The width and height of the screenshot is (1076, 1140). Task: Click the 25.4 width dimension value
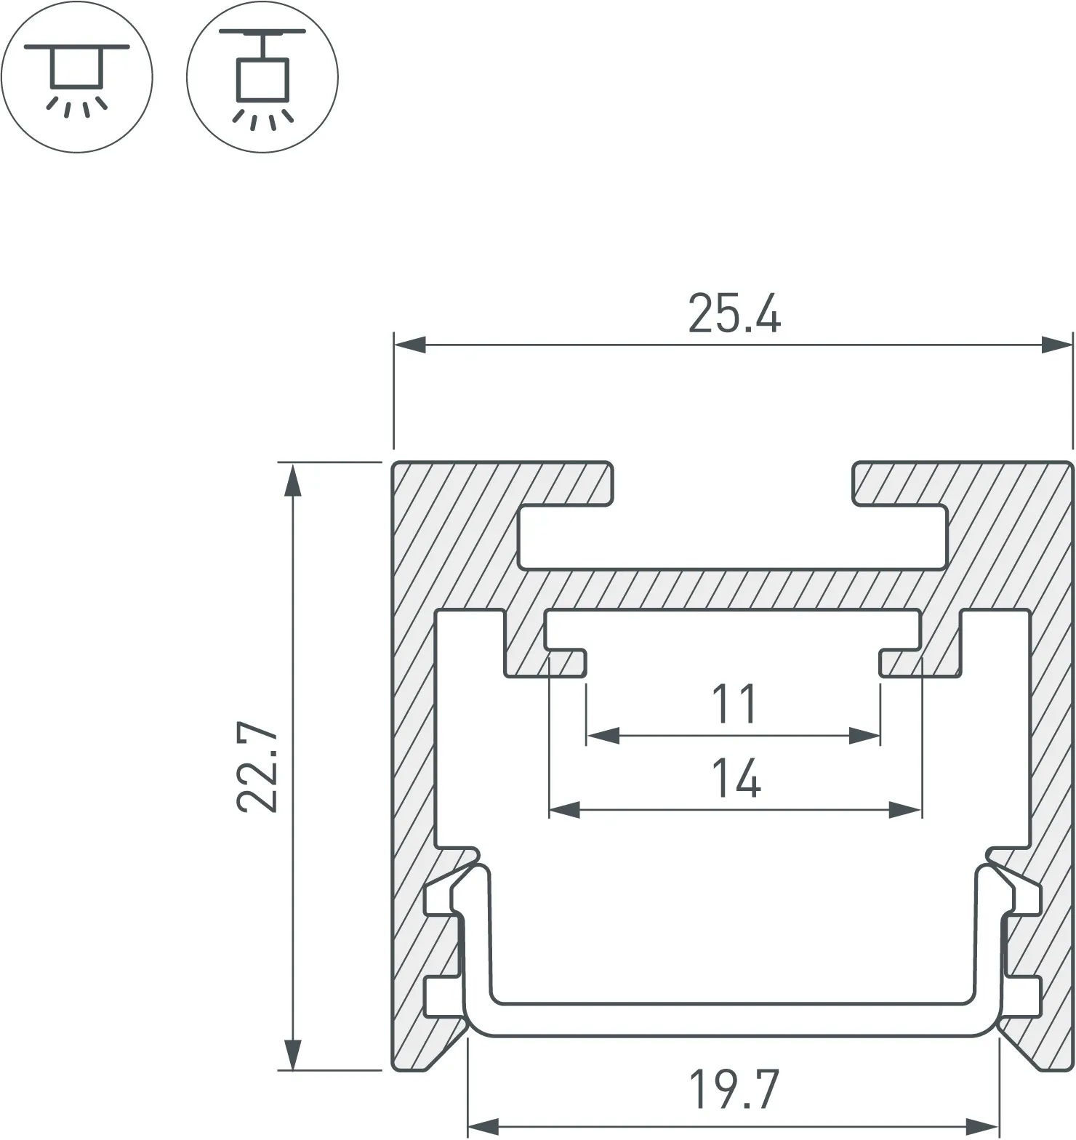tap(734, 314)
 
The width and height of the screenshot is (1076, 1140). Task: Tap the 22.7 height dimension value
tap(258, 767)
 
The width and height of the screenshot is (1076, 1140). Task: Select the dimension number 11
tap(734, 704)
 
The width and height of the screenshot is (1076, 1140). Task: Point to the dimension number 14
tap(736, 778)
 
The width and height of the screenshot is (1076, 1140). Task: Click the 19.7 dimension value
tap(734, 1088)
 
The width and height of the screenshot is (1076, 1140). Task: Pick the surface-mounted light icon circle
tap(77, 77)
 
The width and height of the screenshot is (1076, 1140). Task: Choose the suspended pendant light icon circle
tap(262, 77)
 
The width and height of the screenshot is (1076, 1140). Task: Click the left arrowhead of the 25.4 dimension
tap(409, 345)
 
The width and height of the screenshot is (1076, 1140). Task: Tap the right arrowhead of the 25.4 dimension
tap(1057, 345)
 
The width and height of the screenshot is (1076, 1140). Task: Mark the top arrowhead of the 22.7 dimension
tap(292, 479)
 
